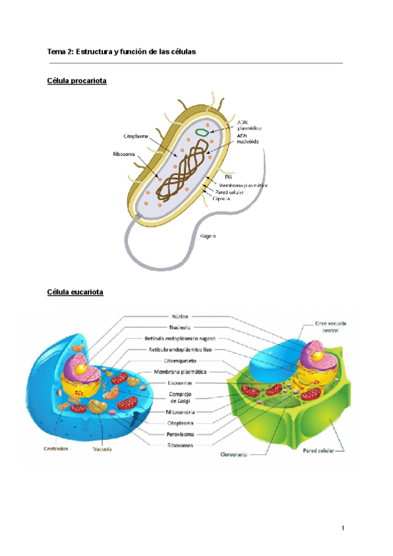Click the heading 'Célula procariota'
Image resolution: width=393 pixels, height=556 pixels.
[77, 81]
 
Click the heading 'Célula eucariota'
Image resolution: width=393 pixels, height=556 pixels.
[75, 291]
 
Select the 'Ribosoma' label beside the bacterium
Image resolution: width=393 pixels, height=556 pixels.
[124, 155]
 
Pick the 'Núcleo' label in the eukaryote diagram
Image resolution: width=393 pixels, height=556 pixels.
[181, 315]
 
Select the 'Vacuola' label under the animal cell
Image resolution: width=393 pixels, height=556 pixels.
[101, 450]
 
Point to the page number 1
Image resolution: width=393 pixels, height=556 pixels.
[342, 528]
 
